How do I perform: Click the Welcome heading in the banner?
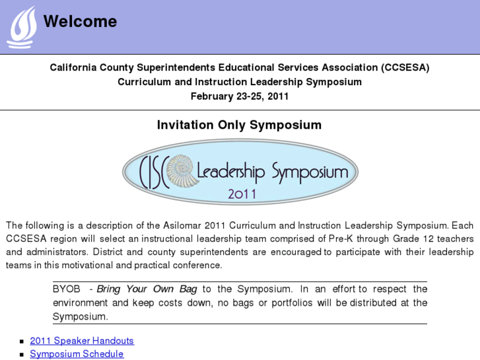tap(80, 22)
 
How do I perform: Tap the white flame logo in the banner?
tap(22, 27)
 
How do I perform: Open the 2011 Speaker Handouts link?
tap(82, 341)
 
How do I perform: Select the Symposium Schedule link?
tap(77, 354)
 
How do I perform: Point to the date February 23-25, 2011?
tap(240, 96)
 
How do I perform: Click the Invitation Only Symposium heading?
tap(239, 125)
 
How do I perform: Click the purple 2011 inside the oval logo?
tap(242, 194)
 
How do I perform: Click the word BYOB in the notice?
tap(67, 289)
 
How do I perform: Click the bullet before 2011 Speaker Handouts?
tap(22, 342)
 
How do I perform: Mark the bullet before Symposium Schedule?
tap(22, 355)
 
